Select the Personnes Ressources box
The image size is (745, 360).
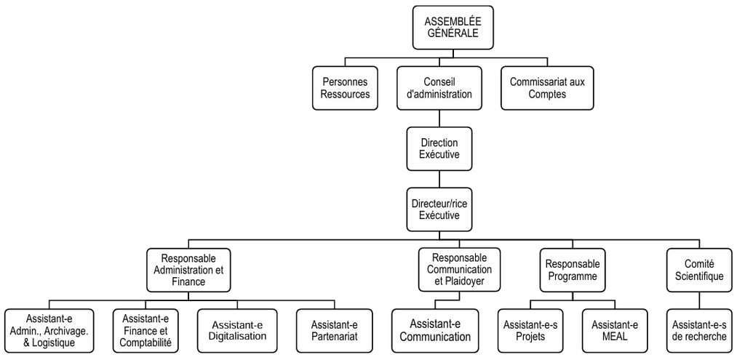(x=345, y=88)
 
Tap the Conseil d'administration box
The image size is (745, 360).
(x=438, y=88)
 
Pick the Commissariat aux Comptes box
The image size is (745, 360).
(x=547, y=88)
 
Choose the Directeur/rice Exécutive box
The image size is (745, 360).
(x=439, y=209)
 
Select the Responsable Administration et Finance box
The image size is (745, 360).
(x=188, y=270)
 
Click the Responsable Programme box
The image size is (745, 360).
(x=571, y=270)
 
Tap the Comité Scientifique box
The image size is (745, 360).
(x=698, y=270)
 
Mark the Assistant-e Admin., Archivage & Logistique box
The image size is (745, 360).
(x=49, y=331)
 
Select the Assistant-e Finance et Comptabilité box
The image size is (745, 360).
(x=146, y=331)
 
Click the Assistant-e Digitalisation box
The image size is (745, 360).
(x=237, y=331)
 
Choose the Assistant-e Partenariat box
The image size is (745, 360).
(x=334, y=331)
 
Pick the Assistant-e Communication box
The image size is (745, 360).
(x=435, y=331)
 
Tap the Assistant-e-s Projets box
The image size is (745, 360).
(x=529, y=331)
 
